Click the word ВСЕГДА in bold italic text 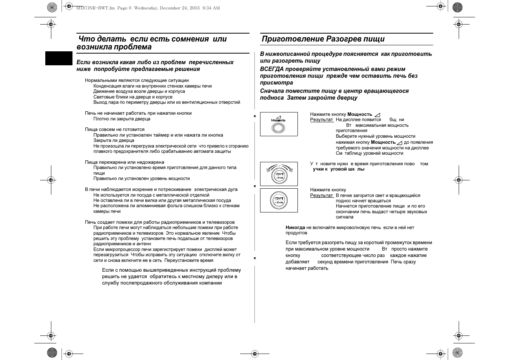271,69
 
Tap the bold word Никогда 295,228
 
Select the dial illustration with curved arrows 279,174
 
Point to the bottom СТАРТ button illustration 279,200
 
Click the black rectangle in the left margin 59,58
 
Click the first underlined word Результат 322,120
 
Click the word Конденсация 107,86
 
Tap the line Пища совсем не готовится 115,129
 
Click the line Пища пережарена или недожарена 125,162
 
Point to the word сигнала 345,217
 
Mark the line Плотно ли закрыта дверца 122,119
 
